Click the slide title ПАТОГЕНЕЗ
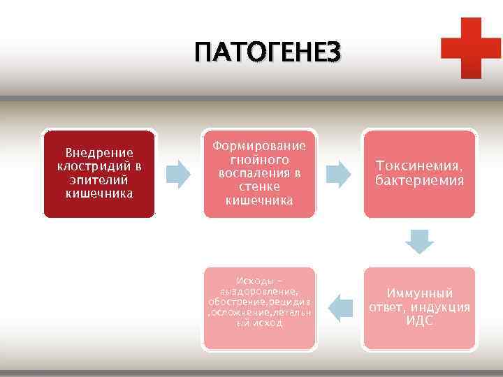268,53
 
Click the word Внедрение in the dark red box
99,153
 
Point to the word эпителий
99,179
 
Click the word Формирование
259,146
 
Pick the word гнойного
259,159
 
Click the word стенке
259,186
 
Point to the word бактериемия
418,181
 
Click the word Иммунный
419,293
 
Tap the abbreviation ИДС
419,321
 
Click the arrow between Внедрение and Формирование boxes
179,174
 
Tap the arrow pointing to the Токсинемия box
340,174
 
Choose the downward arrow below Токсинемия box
420,241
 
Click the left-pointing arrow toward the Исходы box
340,306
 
